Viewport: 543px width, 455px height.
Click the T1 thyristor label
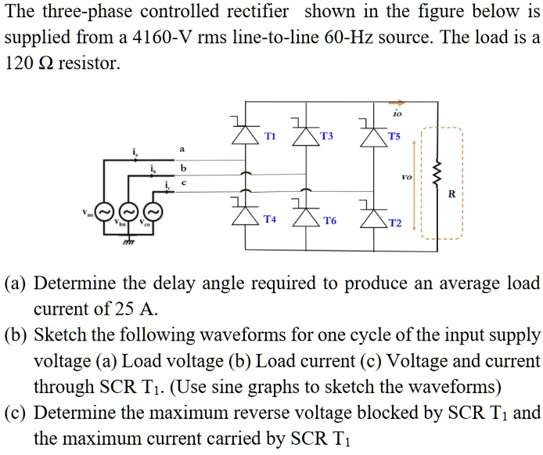pos(270,135)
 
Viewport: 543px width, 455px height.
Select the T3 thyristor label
pos(326,135)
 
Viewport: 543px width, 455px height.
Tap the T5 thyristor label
pos(393,135)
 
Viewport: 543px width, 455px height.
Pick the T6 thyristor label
pos(329,222)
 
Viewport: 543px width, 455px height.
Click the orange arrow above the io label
pos(398,101)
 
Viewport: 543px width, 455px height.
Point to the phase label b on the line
pos(184,168)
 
